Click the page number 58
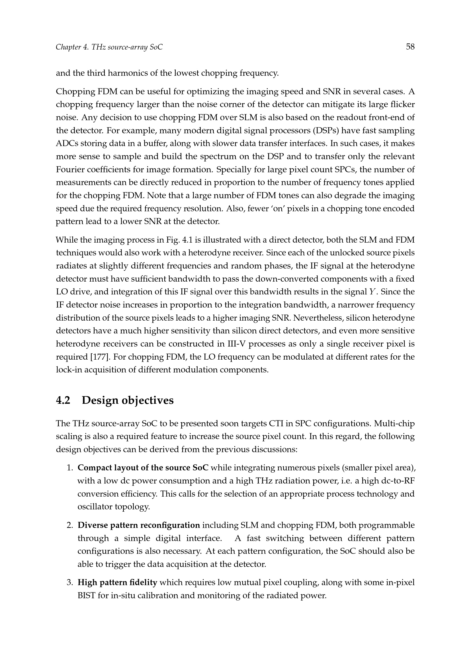[410, 47]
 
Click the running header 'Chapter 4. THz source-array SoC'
[109, 47]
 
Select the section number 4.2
[63, 400]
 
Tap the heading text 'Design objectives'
[128, 400]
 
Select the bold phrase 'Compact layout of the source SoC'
[143, 468]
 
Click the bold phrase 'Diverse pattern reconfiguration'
[139, 525]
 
